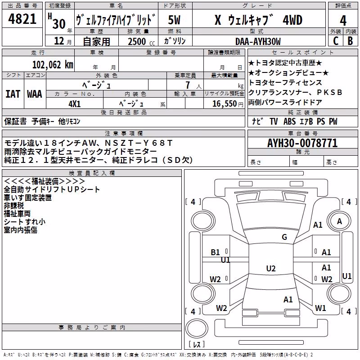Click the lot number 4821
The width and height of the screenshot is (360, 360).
click(22, 19)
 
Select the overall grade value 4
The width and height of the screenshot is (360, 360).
click(343, 21)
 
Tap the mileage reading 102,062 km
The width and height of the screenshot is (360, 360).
click(53, 65)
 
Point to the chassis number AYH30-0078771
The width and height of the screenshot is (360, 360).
click(302, 143)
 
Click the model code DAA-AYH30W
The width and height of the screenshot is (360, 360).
click(258, 41)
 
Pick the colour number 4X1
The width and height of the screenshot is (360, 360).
click(75, 104)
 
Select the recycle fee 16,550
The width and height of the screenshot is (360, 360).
click(224, 104)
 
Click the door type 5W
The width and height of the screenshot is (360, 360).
click(174, 20)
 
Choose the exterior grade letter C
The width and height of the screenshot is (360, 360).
click(336, 41)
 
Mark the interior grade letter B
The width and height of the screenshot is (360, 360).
click(350, 41)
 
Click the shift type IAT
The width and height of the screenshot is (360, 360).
click(13, 94)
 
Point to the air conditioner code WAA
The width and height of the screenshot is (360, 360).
click(35, 94)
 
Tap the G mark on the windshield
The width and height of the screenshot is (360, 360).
click(284, 237)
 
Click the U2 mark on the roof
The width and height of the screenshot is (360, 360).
click(271, 268)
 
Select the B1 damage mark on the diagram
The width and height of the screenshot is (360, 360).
click(215, 252)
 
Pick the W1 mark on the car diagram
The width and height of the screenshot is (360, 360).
click(320, 308)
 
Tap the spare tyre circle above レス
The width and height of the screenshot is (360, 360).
click(197, 328)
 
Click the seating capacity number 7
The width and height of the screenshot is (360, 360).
click(188, 85)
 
